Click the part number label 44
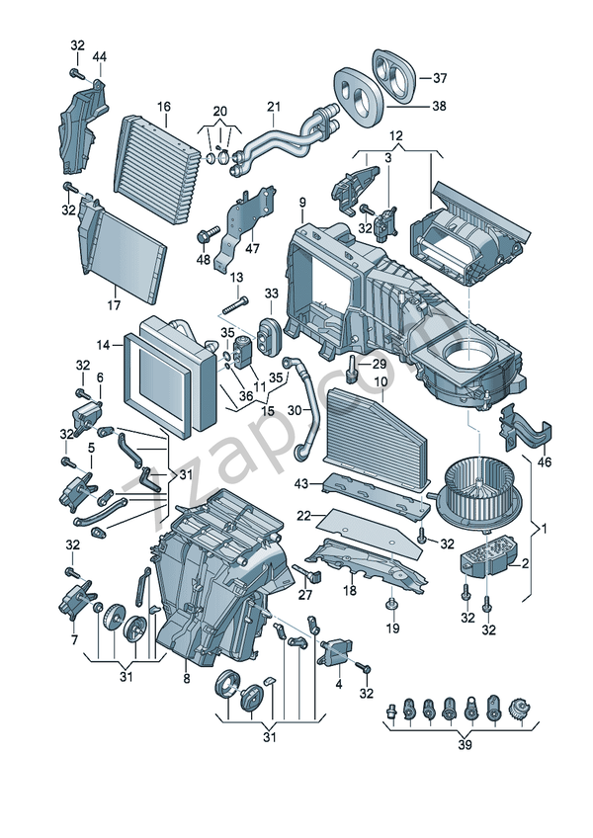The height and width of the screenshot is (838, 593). click(x=100, y=56)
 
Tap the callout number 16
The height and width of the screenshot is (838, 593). click(x=163, y=107)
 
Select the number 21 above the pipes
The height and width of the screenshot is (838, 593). click(x=274, y=107)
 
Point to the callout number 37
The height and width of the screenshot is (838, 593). click(x=440, y=78)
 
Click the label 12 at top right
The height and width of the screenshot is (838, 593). click(x=395, y=135)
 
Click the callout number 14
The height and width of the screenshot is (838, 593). click(x=103, y=345)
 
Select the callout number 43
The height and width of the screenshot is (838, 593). click(x=301, y=482)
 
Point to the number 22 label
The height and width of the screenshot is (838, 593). click(x=304, y=515)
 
